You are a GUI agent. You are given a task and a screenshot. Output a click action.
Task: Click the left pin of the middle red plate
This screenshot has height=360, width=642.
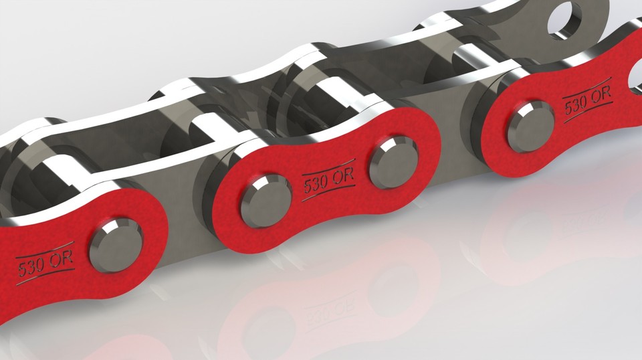click(x=265, y=199)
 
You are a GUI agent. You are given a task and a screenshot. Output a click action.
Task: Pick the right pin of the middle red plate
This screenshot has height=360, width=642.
click(x=394, y=161)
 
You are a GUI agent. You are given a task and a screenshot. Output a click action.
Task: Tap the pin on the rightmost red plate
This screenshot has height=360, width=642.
click(x=530, y=126)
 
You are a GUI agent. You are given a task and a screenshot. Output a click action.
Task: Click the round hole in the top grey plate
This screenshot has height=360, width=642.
click(x=564, y=19)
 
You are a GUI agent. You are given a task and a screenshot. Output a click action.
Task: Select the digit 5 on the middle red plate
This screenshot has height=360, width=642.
click(x=308, y=187)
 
